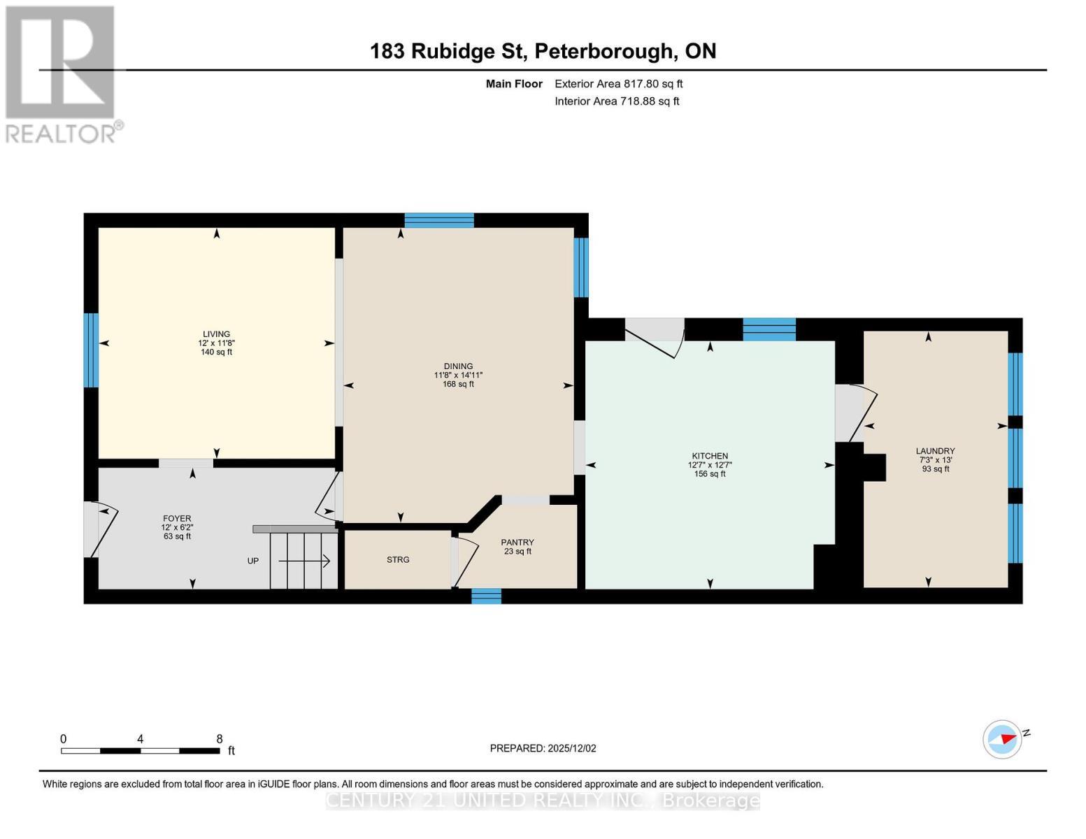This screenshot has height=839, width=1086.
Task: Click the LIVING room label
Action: pyautogui.click(x=216, y=334)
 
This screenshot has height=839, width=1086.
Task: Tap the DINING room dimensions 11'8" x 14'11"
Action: pyautogui.click(x=458, y=375)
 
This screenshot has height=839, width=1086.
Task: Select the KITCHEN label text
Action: pyautogui.click(x=710, y=456)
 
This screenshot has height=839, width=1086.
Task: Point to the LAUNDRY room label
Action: pyautogui.click(x=935, y=451)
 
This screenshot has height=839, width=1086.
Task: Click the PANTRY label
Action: pyautogui.click(x=517, y=543)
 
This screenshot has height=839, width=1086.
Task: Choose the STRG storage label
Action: pyautogui.click(x=398, y=560)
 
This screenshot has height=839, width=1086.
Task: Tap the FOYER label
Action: pyautogui.click(x=176, y=519)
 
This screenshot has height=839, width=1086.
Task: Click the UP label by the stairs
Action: pyautogui.click(x=253, y=561)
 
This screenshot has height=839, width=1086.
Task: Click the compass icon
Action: pyautogui.click(x=1003, y=739)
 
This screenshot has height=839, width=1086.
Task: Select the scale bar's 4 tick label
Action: pyautogui.click(x=141, y=739)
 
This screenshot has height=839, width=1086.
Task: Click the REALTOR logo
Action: pyautogui.click(x=62, y=73)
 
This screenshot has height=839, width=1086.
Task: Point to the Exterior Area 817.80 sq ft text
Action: pyautogui.click(x=618, y=84)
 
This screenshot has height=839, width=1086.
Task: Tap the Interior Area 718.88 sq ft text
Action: pyautogui.click(x=617, y=101)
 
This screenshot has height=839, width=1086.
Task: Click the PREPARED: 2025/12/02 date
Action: pyautogui.click(x=543, y=748)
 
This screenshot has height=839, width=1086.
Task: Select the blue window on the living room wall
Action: pyautogui.click(x=91, y=350)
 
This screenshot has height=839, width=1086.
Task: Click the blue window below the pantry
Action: pyautogui.click(x=486, y=596)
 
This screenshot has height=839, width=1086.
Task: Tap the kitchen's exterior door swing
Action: pyautogui.click(x=654, y=336)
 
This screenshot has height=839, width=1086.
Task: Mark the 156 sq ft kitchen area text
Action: pyautogui.click(x=710, y=474)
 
